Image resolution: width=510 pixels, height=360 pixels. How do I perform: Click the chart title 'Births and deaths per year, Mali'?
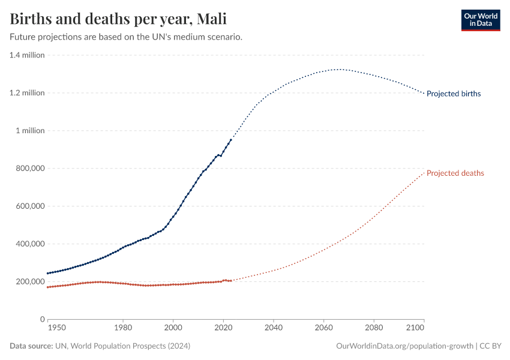118,19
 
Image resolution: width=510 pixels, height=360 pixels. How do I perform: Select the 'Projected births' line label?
453,94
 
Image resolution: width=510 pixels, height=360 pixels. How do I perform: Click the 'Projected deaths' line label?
455,173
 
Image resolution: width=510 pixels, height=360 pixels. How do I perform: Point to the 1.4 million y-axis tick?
27,55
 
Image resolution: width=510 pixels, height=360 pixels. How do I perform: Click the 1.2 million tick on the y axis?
27,93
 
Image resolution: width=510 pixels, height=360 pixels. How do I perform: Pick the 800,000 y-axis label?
29,169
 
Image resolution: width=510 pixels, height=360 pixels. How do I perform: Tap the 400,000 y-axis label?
29,244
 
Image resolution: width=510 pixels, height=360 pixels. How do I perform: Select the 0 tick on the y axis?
43,319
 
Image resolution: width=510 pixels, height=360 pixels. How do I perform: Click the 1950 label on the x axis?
57,329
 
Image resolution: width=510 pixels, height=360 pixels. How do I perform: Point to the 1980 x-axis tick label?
123,329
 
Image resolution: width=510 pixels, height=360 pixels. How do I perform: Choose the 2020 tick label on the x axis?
223,329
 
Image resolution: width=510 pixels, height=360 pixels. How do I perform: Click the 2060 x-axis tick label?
323,329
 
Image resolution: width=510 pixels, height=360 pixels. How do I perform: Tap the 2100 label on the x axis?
415,329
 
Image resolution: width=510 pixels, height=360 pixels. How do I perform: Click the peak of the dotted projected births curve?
340,69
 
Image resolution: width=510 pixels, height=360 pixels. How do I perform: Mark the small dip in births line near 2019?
221,156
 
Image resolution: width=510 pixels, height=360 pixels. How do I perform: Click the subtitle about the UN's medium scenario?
126,37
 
